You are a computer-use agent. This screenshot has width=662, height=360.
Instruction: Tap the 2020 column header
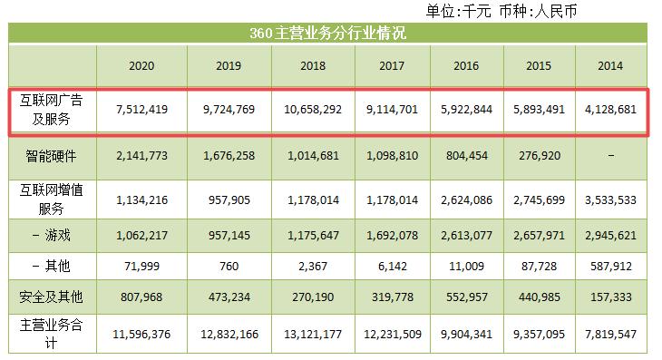coord(141,67)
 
